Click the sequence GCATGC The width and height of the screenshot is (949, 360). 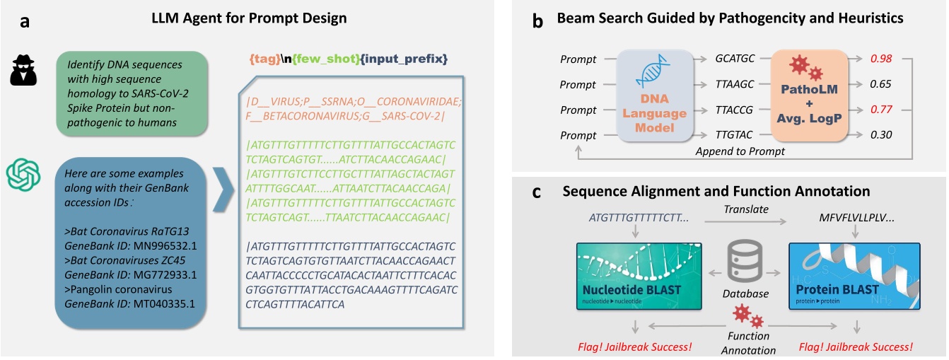pos(732,59)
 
